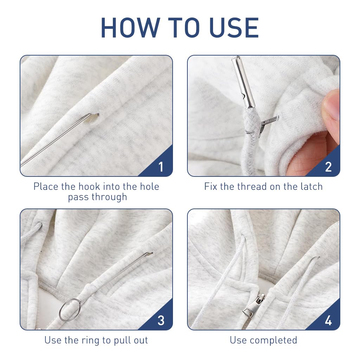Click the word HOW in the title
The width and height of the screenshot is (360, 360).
click(x=130, y=27)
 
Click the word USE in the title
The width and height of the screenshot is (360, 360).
click(x=234, y=27)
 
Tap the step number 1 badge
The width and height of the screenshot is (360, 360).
click(x=161, y=167)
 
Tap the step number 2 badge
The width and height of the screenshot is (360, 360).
click(x=328, y=167)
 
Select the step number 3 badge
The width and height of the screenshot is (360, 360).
click(x=161, y=321)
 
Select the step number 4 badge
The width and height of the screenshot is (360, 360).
click(x=328, y=321)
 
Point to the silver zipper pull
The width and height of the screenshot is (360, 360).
click(x=253, y=306)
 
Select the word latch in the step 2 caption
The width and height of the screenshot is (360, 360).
click(x=311, y=186)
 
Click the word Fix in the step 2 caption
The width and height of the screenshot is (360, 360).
click(x=211, y=186)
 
